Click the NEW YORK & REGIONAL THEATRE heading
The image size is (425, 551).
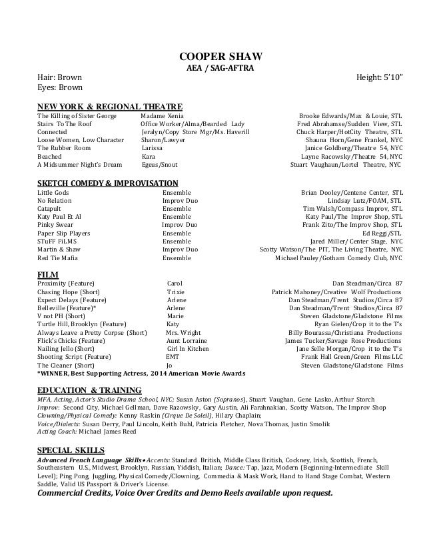point(110,106)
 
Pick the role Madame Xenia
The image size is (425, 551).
point(161,116)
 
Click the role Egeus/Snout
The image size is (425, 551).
point(159,164)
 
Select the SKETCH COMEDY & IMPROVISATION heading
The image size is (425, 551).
point(107,183)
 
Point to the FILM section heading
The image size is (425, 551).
point(48,274)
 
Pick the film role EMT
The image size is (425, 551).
point(173,357)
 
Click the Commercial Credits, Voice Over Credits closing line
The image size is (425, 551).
point(185,494)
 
